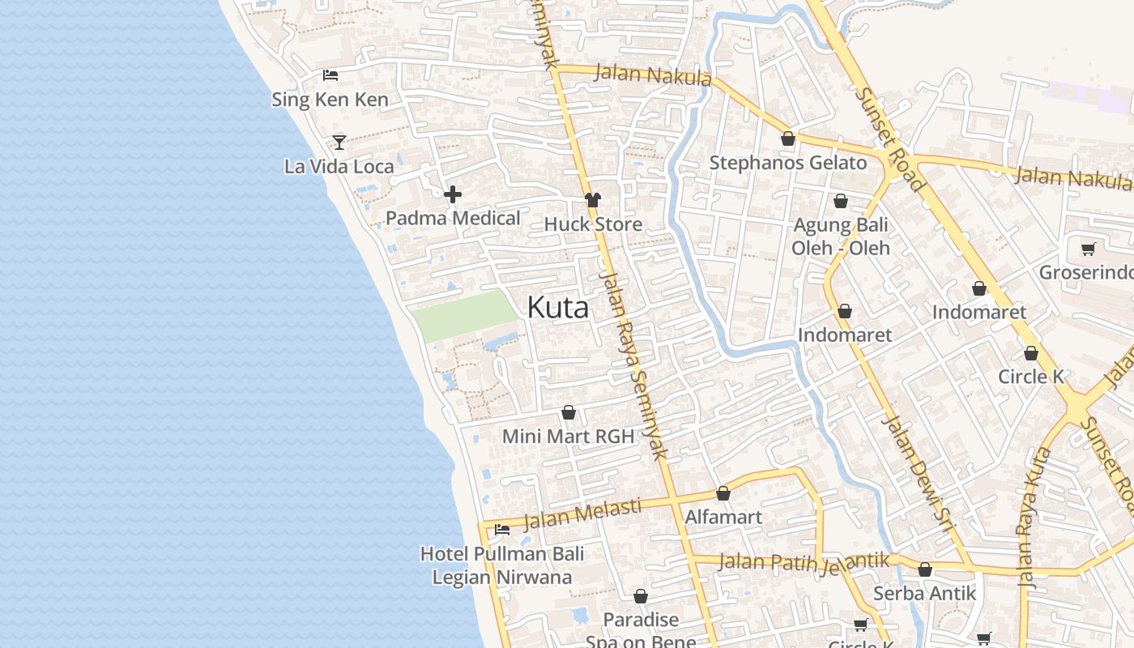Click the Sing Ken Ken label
click(x=330, y=100)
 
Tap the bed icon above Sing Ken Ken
click(x=330, y=75)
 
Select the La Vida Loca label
click(x=339, y=167)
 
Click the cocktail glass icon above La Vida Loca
click(x=339, y=143)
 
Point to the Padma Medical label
click(x=453, y=218)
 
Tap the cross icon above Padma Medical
click(x=453, y=194)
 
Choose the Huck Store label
click(x=593, y=224)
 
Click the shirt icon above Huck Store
click(x=593, y=200)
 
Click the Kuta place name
click(x=558, y=308)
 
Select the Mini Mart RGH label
click(x=568, y=437)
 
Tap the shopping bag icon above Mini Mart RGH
click(x=569, y=413)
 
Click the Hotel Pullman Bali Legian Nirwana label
click(x=502, y=565)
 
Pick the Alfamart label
click(x=723, y=517)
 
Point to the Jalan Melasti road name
click(x=583, y=514)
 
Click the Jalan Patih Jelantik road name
click(x=804, y=562)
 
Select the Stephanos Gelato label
click(x=787, y=163)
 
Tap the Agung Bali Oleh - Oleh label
click(x=840, y=237)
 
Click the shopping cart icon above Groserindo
click(x=1088, y=249)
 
